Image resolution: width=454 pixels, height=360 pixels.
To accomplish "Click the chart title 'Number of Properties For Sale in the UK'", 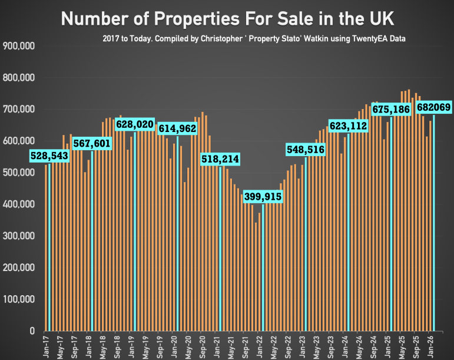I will (227, 19).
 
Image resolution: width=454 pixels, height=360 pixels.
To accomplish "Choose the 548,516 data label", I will (305, 150).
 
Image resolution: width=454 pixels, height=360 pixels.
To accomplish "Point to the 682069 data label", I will (434, 107).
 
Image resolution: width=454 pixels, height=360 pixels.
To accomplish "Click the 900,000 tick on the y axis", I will (20, 46).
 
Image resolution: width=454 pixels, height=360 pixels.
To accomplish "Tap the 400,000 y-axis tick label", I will (20, 204).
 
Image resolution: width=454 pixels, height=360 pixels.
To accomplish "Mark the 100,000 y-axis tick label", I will (20, 299).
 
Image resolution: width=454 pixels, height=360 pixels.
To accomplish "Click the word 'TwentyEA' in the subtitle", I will (373, 38).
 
